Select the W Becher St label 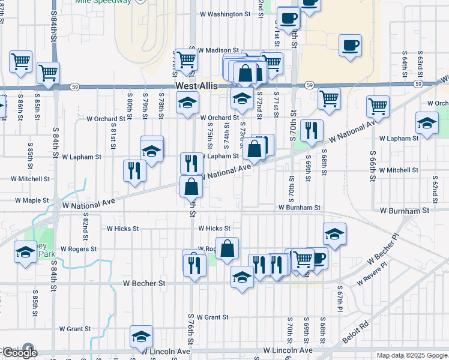point(144,283)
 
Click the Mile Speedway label point(103,2)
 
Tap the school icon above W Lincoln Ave point(141,336)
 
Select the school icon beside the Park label point(25,252)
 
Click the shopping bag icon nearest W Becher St point(228,248)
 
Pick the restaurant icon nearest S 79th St point(134,170)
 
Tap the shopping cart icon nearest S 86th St point(21,61)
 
